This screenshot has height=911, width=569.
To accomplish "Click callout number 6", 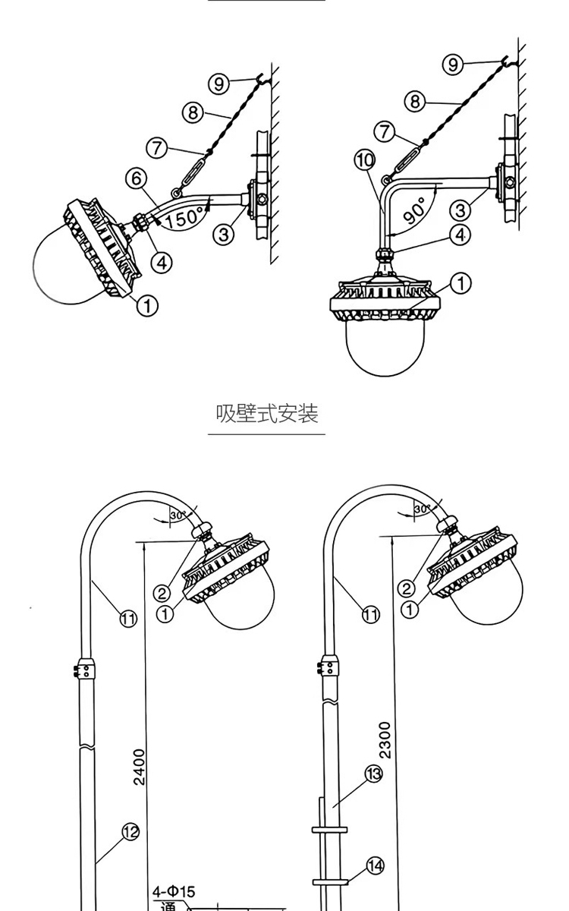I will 136,179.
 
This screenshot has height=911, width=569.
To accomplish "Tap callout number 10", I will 364,160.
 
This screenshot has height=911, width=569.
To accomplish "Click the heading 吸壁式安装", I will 266,414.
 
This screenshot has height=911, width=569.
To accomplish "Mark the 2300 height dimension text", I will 385,740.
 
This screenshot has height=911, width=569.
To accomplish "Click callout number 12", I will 131,832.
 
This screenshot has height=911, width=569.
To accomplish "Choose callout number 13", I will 374,774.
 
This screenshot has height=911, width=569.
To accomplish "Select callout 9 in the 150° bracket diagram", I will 219,84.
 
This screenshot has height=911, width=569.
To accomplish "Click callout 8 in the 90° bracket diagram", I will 414,101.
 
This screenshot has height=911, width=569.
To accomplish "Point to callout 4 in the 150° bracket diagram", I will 161,263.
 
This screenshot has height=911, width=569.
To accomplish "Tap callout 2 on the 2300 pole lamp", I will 407,588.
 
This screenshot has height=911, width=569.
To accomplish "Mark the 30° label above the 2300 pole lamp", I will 422,509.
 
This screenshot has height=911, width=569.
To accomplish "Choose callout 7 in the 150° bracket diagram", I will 157,148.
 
